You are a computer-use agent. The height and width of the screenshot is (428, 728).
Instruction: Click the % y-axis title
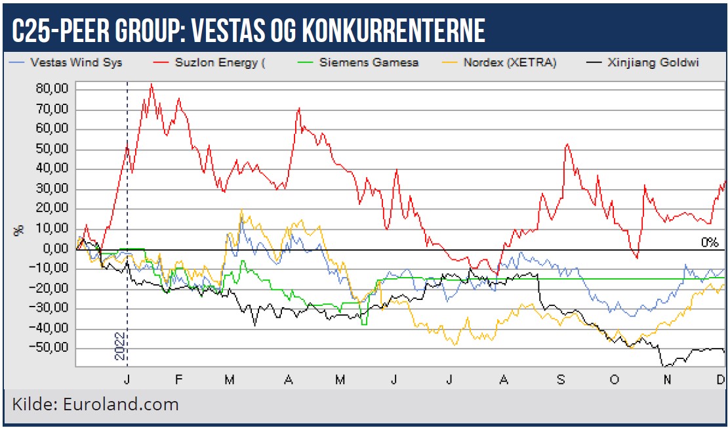click(18, 230)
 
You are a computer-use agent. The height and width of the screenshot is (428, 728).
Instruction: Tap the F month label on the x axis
click(178, 380)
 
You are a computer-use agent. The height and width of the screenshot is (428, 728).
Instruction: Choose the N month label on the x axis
click(667, 380)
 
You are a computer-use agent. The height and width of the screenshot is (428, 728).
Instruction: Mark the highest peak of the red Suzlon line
click(152, 84)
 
